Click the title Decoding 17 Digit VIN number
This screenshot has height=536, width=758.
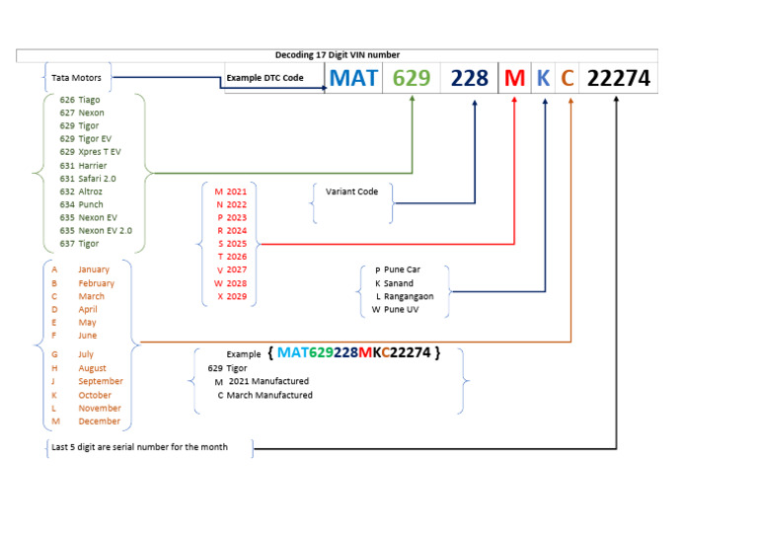coord(337,55)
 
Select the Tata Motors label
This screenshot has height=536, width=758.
coord(77,77)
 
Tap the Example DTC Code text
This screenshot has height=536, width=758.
coord(265,77)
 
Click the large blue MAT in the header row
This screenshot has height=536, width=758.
coord(353,78)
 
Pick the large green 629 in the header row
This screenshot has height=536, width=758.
coord(412,78)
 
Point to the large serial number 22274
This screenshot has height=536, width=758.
coord(618,78)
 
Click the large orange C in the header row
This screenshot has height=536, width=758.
coord(567,78)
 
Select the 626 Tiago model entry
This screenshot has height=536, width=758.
coord(80,100)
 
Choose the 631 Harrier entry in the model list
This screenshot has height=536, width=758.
coord(83,166)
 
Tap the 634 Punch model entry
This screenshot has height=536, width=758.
coord(81,204)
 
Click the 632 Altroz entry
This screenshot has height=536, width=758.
coord(82,191)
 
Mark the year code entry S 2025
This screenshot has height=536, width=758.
coord(233,243)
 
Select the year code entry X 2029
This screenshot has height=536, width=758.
coord(233,295)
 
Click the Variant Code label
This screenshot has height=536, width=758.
coord(351,191)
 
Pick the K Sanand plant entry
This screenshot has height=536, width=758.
coord(394,283)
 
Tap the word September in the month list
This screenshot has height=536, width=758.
coord(101,381)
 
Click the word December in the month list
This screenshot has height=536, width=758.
coord(100,421)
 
